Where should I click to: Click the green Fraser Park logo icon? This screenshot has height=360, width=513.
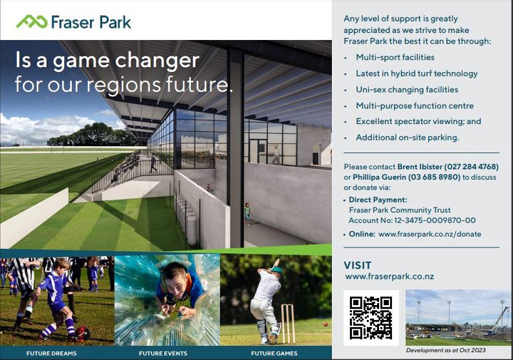click(31, 22)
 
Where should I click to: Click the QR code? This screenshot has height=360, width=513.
click(371, 318)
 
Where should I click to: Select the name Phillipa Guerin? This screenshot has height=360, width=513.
click(379, 177)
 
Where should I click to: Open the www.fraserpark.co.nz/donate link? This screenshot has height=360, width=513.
click(429, 234)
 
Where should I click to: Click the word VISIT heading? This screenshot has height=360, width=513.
click(357, 265)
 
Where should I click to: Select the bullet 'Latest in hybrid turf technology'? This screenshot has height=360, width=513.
click(417, 73)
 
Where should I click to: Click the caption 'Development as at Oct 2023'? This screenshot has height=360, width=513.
click(446, 350)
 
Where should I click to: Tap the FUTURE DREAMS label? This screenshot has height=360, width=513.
click(51, 353)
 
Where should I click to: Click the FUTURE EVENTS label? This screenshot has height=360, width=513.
click(163, 353)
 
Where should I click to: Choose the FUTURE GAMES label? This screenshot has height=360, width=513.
click(274, 353)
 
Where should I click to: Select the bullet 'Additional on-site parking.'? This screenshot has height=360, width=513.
click(407, 137)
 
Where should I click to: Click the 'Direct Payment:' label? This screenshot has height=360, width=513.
click(378, 199)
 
